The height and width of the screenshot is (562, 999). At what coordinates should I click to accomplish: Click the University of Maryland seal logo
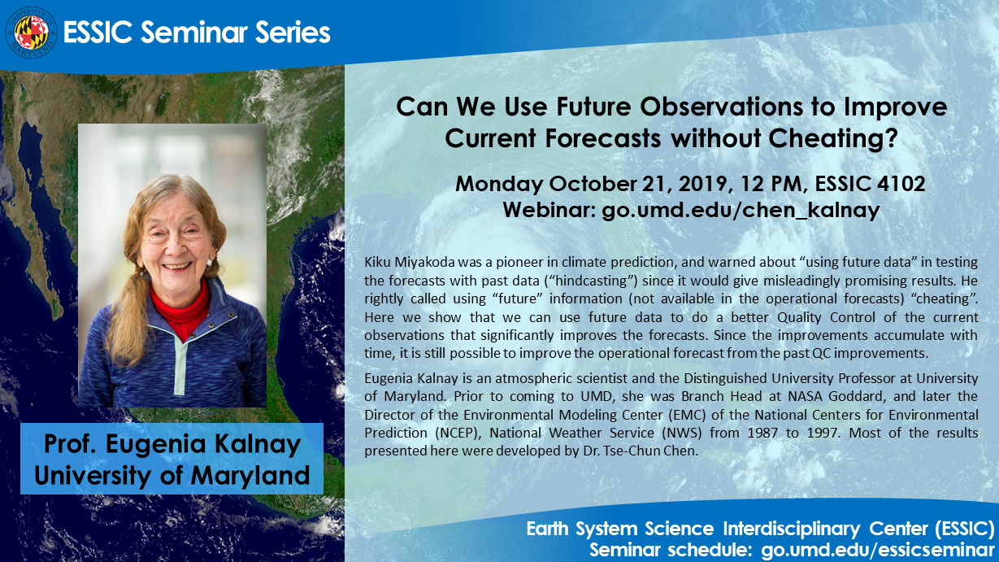31,33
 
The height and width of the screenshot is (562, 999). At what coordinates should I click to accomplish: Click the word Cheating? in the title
833,138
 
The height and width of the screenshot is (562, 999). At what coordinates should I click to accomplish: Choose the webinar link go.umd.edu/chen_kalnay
741,210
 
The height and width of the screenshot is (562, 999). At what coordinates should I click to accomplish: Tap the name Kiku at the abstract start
378,262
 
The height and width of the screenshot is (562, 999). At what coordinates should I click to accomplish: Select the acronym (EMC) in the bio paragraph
687,415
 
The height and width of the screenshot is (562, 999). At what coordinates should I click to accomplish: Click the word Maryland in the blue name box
250,475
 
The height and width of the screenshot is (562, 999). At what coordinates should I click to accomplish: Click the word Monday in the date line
499,184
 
